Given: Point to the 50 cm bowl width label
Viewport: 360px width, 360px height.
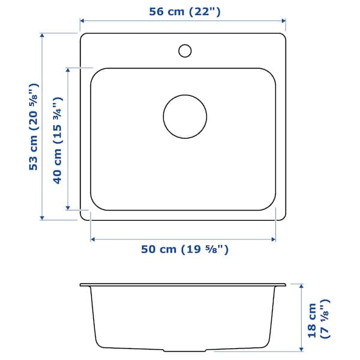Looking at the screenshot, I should tap(184, 249).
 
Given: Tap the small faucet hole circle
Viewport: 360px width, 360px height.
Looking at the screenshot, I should tap(185, 50).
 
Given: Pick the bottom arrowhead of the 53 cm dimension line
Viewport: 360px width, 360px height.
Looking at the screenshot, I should tap(42, 218).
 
